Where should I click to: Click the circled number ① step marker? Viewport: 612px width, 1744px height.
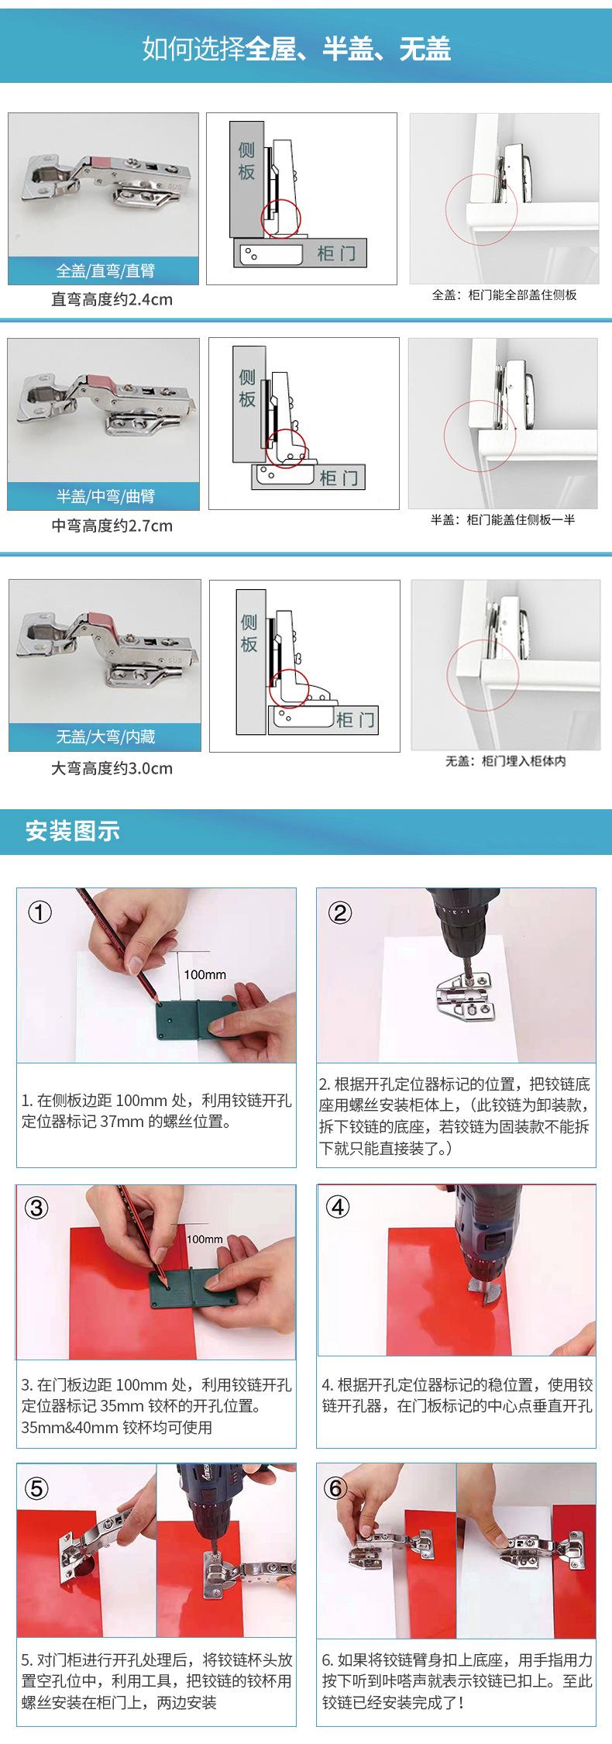coord(40,912)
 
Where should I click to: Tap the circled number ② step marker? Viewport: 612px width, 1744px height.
coord(339,912)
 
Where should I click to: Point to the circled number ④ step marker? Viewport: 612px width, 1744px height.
coord(338,1207)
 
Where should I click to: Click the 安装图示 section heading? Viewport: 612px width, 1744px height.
coord(73,831)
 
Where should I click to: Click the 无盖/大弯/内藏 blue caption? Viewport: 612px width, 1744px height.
coord(105,736)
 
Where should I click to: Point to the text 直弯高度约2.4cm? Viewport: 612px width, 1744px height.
coord(112,299)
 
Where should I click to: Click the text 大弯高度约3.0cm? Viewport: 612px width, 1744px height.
coord(112,768)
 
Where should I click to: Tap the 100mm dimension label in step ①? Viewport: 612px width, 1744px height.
coord(205,974)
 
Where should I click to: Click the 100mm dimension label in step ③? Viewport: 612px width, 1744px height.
coord(205,1239)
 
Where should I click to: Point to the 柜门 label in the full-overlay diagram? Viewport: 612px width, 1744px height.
coord(336,253)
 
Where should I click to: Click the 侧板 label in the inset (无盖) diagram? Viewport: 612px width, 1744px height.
coord(249,633)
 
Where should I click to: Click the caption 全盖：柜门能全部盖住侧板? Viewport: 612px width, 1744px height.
coord(504,295)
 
